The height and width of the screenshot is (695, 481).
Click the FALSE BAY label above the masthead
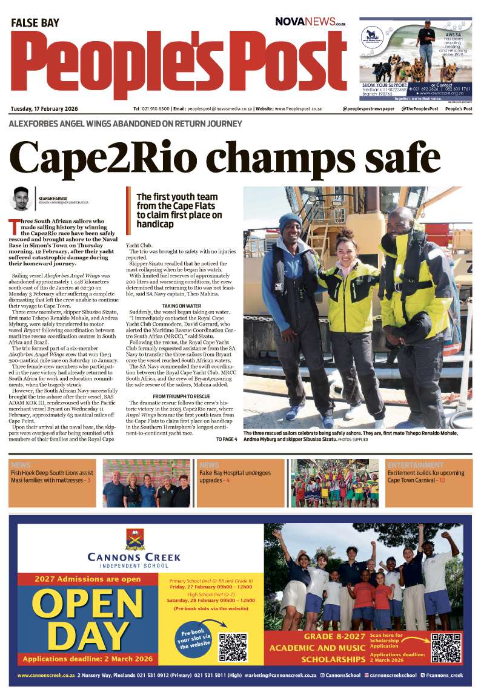click(35, 23)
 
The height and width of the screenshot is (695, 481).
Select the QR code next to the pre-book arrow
click(233, 647)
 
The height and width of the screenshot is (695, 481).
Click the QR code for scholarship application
click(446, 648)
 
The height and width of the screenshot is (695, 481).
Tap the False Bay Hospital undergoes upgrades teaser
click(235, 476)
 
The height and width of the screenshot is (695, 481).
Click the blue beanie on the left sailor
click(290, 222)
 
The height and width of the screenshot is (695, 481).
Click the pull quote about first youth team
click(179, 210)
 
